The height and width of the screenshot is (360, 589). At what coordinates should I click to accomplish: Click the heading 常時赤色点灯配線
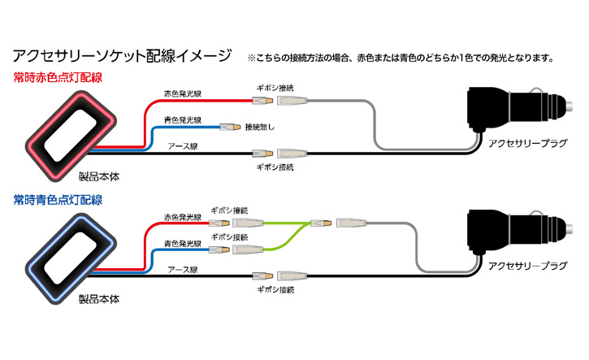58,77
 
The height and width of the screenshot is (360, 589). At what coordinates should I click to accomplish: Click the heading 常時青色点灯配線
58,200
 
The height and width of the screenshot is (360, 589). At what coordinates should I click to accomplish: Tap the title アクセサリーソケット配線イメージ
123,55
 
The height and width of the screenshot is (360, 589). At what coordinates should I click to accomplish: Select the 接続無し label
259,127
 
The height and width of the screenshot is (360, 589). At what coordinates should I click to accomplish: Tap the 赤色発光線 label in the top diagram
183,93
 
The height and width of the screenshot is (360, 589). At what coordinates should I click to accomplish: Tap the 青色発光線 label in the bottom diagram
183,244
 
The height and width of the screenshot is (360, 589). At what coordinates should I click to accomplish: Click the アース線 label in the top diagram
183,146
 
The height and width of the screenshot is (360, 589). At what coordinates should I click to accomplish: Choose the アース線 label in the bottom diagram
183,270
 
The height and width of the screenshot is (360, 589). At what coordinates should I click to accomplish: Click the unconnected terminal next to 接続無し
230,128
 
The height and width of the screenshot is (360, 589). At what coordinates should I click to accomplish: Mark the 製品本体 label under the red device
99,176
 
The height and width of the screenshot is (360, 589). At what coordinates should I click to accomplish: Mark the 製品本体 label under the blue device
99,299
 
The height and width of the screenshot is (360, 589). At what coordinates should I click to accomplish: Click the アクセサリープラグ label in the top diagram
527,143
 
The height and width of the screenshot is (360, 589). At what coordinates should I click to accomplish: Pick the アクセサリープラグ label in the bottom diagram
527,266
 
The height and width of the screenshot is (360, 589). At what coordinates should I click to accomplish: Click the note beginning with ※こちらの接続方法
401,58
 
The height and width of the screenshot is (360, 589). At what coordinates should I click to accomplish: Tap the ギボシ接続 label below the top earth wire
275,167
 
